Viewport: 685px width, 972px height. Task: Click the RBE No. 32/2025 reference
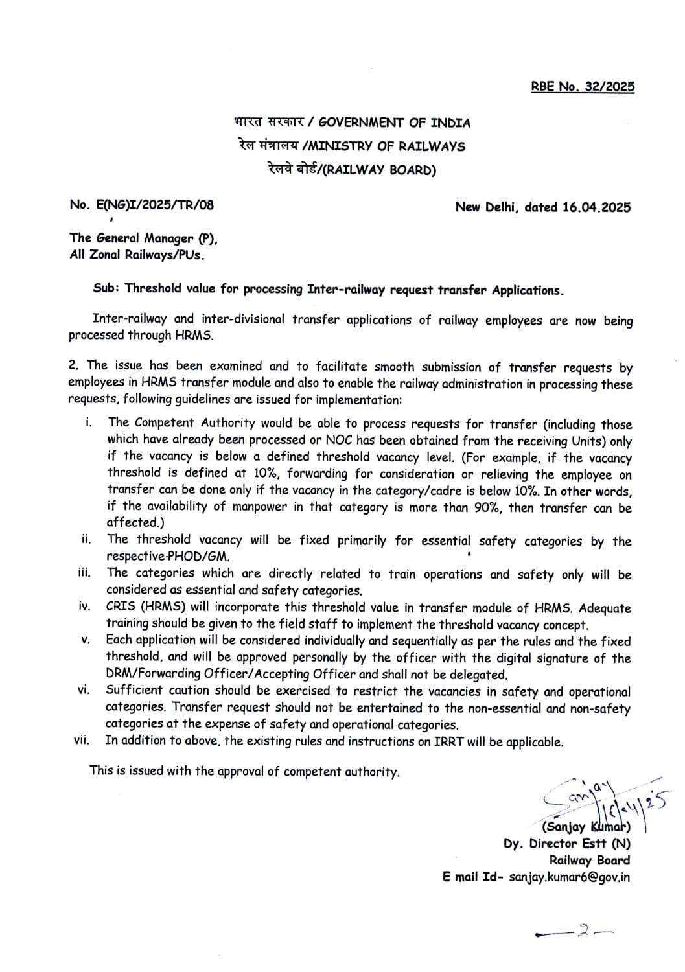tap(583, 87)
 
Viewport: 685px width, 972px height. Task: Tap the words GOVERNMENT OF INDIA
tap(395, 122)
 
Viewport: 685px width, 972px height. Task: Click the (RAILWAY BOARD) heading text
tap(379, 170)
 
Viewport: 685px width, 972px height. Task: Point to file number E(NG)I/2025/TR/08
tap(141, 205)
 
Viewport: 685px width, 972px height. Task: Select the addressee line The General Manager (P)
tap(144, 238)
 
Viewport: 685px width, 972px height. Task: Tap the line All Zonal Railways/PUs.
tap(137, 255)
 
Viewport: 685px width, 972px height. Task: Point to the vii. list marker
tap(82, 740)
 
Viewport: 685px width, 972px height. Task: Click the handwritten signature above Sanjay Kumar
tap(603, 800)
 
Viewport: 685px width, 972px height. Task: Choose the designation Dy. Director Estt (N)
tap(566, 844)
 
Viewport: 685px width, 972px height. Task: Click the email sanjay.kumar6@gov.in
tap(569, 877)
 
